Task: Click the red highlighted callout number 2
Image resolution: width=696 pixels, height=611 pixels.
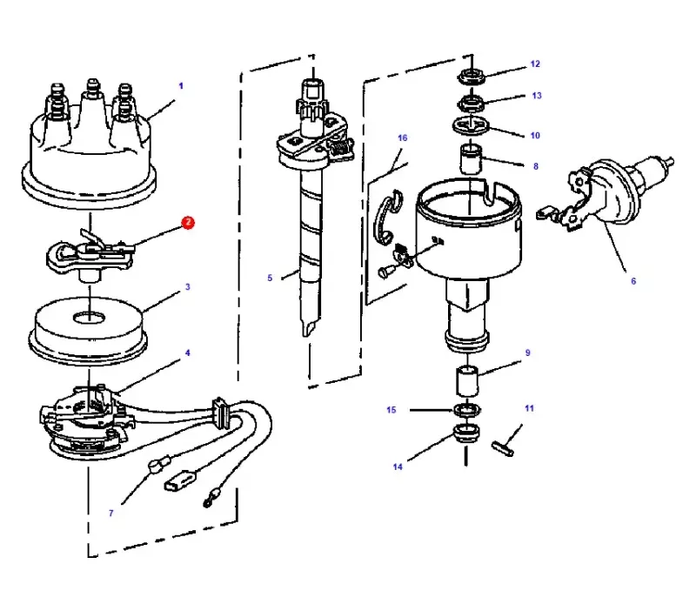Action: pos(188,223)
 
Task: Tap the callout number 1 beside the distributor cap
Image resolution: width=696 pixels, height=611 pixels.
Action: pos(181,85)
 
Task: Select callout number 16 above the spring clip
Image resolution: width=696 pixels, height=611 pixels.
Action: pos(403,138)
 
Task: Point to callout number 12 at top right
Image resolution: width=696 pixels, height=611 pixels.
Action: pos(535,64)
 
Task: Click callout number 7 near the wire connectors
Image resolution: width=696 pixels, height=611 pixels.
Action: pos(111,514)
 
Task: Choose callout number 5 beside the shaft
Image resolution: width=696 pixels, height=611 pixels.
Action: pos(270,278)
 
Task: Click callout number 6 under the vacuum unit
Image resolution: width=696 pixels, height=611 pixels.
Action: pos(633,281)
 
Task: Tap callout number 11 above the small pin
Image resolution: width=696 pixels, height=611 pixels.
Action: pos(530,408)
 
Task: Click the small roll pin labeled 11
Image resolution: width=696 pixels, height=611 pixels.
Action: pos(503,447)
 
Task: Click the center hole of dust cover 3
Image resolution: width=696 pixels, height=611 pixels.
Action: pos(90,318)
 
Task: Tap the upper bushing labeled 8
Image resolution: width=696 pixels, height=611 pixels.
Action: pos(471,159)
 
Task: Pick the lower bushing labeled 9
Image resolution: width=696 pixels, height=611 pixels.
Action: pos(468,381)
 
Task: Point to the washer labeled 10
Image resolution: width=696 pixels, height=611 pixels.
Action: pos(471,125)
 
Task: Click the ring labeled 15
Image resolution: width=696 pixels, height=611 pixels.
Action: pos(468,410)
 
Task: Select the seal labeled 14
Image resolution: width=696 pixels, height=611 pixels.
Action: pos(467,433)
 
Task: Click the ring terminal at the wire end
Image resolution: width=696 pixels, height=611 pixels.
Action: pos(210,498)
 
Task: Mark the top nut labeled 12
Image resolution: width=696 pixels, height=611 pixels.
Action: pos(472,76)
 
